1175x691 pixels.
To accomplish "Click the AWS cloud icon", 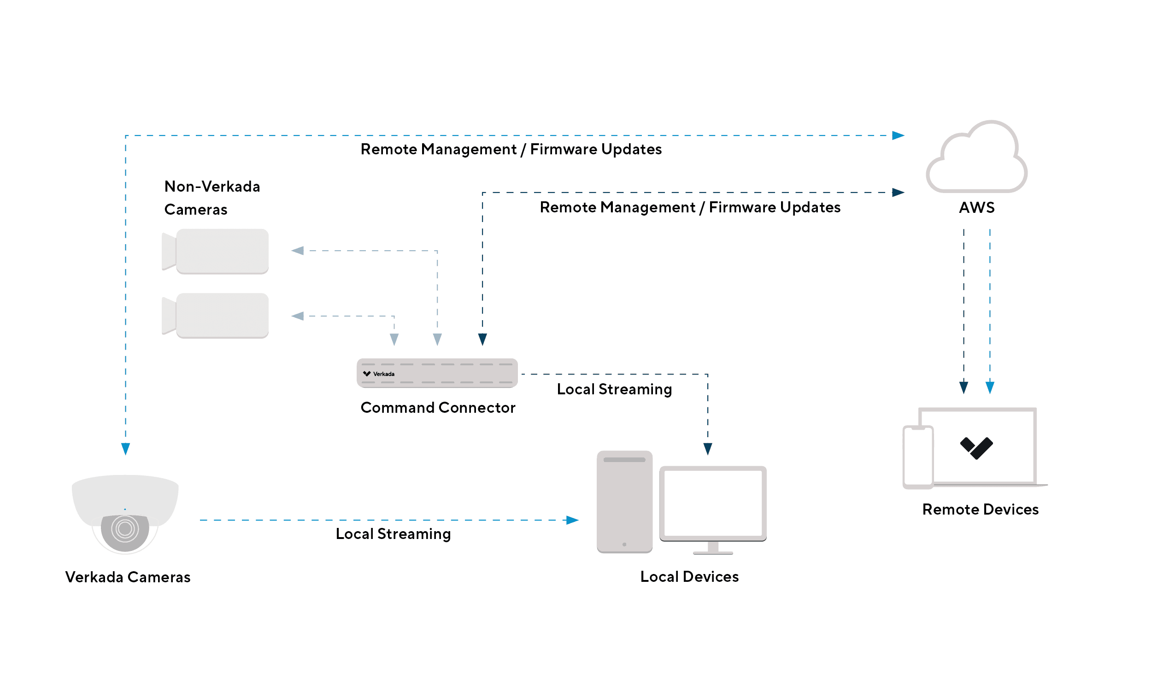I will tap(976, 158).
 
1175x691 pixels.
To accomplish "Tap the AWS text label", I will tap(976, 207).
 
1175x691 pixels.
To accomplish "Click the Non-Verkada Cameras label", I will tap(211, 198).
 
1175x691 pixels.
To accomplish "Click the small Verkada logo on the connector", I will tap(367, 374).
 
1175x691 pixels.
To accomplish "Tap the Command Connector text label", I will tap(438, 408).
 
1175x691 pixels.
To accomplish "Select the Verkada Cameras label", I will tap(128, 577).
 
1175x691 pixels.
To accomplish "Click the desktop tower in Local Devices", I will tap(624, 502).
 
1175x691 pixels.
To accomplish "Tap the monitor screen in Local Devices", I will tap(712, 504).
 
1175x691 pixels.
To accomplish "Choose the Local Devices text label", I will tap(689, 577).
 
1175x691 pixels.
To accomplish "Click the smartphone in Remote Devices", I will tap(918, 457).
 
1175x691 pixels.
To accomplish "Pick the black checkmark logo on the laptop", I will tap(976, 448).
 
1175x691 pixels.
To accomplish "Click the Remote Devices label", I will tap(980, 509).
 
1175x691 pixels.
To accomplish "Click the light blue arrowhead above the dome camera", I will tap(125, 449).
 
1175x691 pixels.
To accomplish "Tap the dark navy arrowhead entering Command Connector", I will tap(482, 339).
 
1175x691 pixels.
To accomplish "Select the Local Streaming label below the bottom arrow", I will tap(393, 533).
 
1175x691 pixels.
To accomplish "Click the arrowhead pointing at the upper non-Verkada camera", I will tap(298, 251).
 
